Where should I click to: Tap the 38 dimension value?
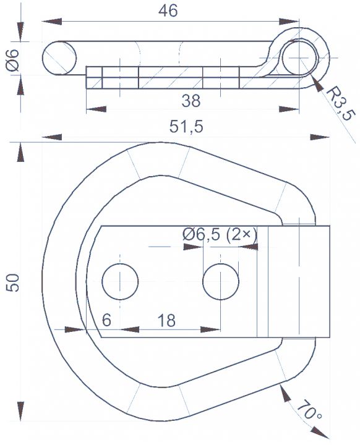pyautogui.click(x=191, y=101)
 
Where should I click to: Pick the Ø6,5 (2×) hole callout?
pyautogui.click(x=220, y=234)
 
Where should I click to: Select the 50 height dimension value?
pyautogui.click(x=14, y=282)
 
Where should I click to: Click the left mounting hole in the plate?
pyautogui.click(x=120, y=281)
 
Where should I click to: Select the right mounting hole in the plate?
pyautogui.click(x=220, y=281)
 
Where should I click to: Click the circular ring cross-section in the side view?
pyautogui.click(x=299, y=57)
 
